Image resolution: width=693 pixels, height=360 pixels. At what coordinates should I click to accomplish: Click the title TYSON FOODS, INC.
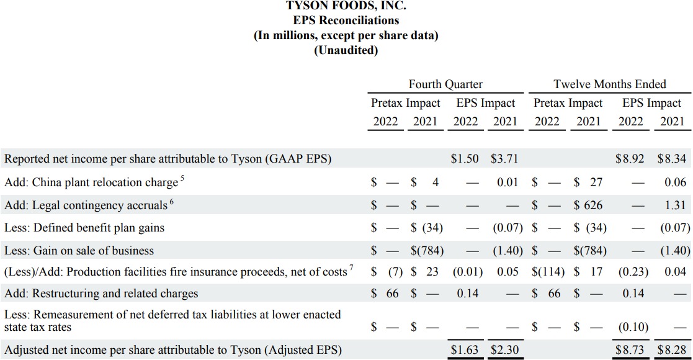(346, 6)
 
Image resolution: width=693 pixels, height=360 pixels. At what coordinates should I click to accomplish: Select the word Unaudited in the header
(346, 50)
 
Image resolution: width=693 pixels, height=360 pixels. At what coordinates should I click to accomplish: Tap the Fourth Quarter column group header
(445, 84)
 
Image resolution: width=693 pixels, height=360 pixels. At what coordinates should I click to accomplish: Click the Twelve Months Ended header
(609, 84)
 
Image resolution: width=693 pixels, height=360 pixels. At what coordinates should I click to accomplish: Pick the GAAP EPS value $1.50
(465, 159)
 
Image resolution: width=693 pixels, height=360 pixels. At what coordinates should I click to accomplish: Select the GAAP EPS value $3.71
(504, 159)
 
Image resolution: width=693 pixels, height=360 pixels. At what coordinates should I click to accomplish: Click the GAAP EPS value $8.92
(630, 159)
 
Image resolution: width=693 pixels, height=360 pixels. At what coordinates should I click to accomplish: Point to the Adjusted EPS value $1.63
(465, 350)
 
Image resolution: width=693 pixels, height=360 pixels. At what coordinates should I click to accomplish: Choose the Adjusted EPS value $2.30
(504, 350)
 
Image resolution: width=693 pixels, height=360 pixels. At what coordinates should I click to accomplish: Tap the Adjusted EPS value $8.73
(630, 350)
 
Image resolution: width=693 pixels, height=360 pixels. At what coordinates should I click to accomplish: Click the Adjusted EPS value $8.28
(672, 350)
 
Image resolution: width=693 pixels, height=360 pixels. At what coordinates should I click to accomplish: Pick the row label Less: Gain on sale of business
(79, 251)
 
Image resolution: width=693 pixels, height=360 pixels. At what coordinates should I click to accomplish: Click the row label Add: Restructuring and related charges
(101, 294)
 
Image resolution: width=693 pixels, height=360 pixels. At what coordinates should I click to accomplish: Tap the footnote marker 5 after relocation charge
(182, 179)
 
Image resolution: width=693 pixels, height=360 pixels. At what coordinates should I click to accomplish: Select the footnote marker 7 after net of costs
(351, 268)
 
